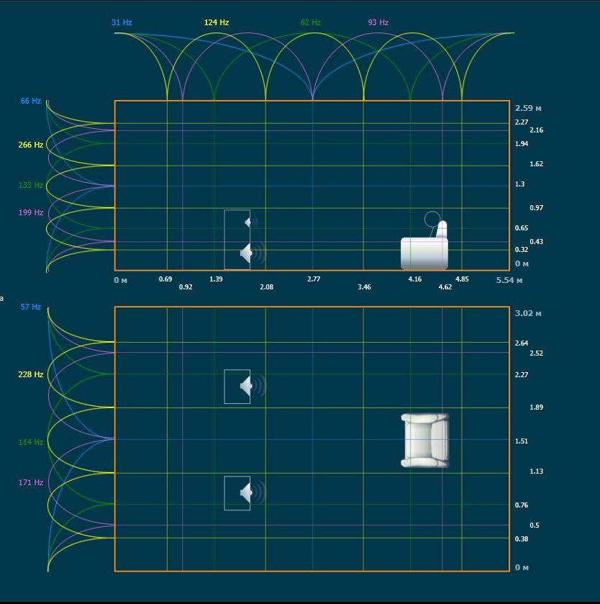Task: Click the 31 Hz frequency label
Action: pyautogui.click(x=122, y=22)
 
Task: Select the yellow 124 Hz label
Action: pyautogui.click(x=217, y=22)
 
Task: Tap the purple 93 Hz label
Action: pyautogui.click(x=378, y=22)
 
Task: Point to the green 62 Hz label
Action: pyautogui.click(x=311, y=22)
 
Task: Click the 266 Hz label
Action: pyautogui.click(x=31, y=145)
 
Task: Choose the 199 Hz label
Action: pyautogui.click(x=31, y=212)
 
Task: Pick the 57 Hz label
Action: pyautogui.click(x=31, y=307)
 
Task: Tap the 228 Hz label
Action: pyautogui.click(x=31, y=374)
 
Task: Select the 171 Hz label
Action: pyautogui.click(x=31, y=482)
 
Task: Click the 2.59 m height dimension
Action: pyautogui.click(x=528, y=108)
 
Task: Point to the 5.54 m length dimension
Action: pyautogui.click(x=509, y=280)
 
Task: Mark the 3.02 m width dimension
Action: pyautogui.click(x=528, y=313)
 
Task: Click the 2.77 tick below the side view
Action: pyautogui.click(x=314, y=279)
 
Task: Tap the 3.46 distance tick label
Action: pyautogui.click(x=364, y=287)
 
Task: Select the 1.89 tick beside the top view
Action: pyautogui.click(x=536, y=407)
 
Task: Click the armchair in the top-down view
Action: pyautogui.click(x=425, y=441)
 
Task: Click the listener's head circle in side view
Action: pyautogui.click(x=432, y=219)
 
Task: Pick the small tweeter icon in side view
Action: pyautogui.click(x=251, y=222)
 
